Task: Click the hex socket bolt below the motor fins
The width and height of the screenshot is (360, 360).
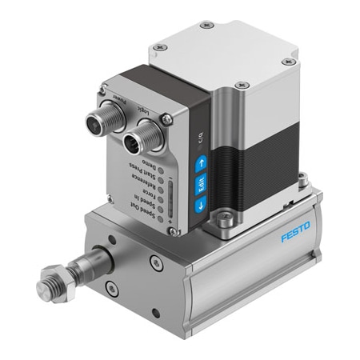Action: pyautogui.click(x=229, y=215)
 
